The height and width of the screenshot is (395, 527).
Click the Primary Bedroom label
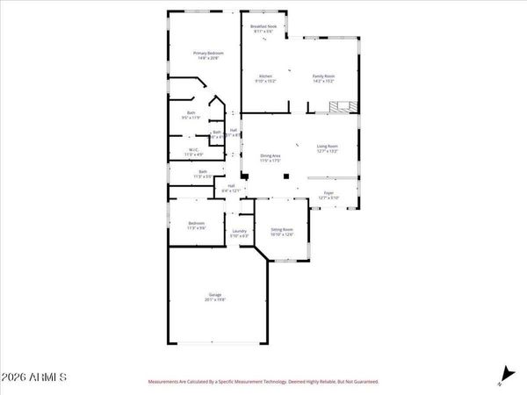pos(209,53)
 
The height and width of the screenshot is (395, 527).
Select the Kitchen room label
pos(264,76)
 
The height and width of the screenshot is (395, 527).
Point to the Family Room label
pos(324,76)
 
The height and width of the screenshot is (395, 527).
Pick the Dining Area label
pos(270,155)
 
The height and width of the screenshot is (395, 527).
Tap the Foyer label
pos(328,192)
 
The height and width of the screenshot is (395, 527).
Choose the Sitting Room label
pos(282,228)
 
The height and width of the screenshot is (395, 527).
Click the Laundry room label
pos(239,231)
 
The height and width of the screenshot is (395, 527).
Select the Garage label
pos(215,294)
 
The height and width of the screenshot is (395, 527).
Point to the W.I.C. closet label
pos(195,150)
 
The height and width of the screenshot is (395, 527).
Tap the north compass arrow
pos(504,373)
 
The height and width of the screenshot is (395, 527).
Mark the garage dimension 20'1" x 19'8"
pos(215,299)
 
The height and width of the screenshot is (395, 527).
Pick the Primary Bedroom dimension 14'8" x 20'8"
pos(209,58)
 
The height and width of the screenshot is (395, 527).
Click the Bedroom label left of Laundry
pos(196,223)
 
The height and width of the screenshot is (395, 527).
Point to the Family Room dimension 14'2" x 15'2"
pos(324,82)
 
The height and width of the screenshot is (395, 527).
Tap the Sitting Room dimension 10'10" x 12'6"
pos(282,233)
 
